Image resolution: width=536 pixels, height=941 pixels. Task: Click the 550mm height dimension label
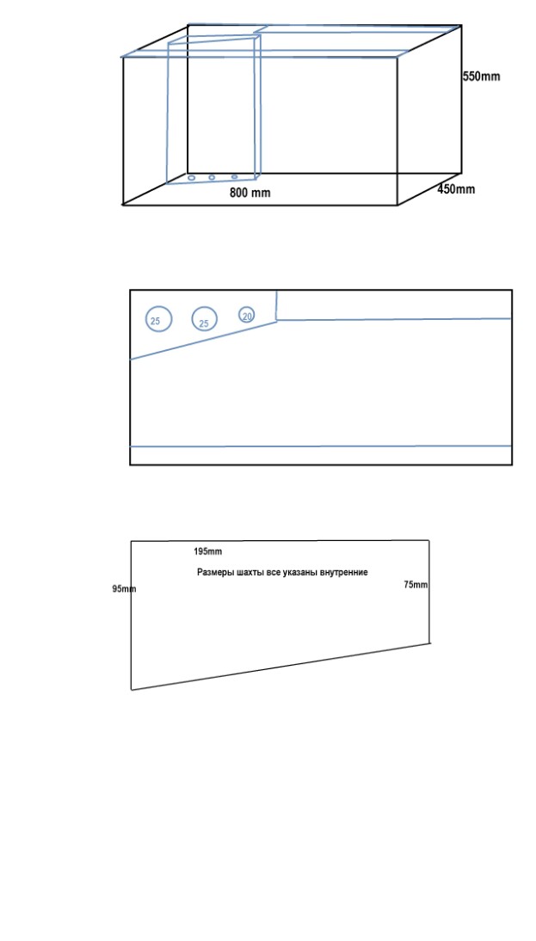point(481,77)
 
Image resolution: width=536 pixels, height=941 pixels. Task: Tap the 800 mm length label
point(250,193)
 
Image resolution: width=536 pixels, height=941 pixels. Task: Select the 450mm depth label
point(456,189)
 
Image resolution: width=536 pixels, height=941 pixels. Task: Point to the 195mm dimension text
point(207,551)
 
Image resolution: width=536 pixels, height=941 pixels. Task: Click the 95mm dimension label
point(124,588)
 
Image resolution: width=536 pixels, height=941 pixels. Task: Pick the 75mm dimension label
point(416,585)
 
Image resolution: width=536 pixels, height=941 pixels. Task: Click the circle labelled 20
point(247,315)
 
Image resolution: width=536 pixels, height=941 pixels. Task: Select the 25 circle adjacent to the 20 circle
point(205,318)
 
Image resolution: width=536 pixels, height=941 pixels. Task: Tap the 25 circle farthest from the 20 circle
point(158,318)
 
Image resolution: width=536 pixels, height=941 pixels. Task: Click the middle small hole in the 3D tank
point(212,177)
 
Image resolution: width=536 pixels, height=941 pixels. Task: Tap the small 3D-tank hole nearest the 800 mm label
point(235,177)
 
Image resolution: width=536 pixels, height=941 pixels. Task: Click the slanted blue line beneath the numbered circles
point(204,341)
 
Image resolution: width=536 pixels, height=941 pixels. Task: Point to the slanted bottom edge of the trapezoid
point(280,667)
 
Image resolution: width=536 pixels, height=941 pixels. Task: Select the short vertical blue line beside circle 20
point(277,305)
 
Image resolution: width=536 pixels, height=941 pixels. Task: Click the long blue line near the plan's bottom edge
point(321,446)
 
